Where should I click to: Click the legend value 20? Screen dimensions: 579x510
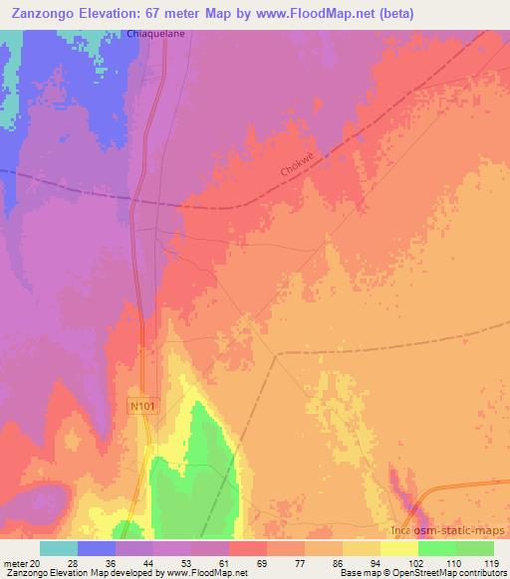pos(38,562)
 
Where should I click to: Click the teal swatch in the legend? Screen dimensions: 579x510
pos(59,547)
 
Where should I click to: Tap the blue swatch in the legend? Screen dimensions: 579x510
pos(97,547)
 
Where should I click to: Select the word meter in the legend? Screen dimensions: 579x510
pos(15,562)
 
